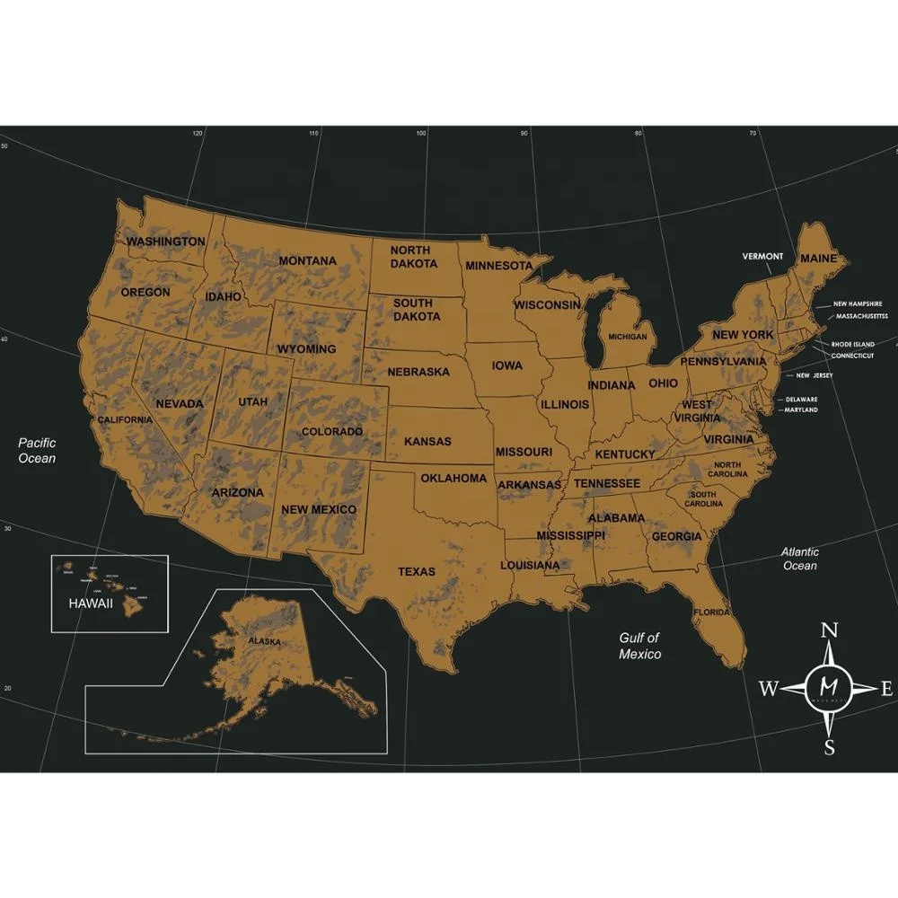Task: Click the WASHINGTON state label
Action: (165, 242)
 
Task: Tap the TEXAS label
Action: (417, 571)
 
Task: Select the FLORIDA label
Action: (711, 612)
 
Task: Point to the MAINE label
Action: (818, 259)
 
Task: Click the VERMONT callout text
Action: (762, 257)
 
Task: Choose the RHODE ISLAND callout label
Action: (852, 344)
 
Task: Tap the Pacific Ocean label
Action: (38, 450)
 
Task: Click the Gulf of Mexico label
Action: (639, 646)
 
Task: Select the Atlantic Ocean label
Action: (799, 559)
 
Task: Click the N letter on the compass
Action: (831, 630)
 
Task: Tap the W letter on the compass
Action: (769, 690)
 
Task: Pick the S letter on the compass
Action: (830, 747)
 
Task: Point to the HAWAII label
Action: (91, 603)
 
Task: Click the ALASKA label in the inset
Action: (265, 642)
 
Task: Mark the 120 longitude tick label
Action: (198, 134)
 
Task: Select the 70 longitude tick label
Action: (753, 134)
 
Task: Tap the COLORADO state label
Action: (332, 432)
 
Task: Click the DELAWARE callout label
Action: (802, 400)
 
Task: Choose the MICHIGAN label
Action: (627, 337)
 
